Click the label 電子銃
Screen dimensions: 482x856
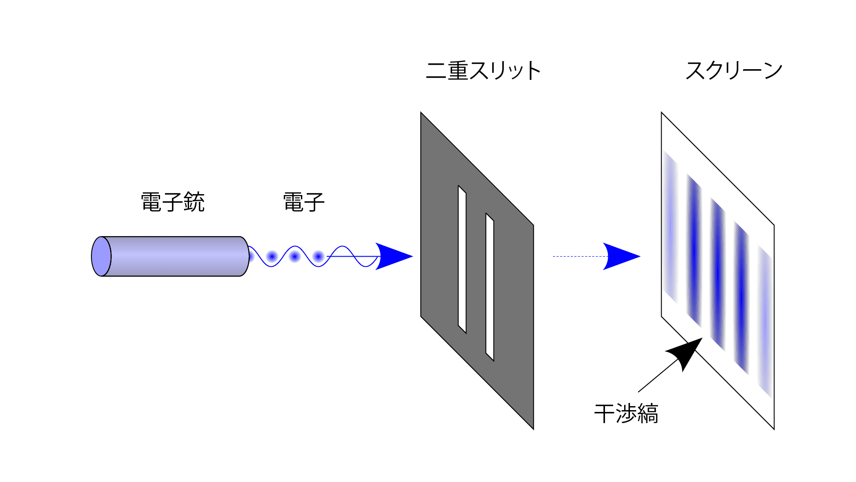[173, 202]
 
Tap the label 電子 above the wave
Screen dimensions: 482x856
[304, 202]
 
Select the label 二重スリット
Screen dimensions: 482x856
[483, 71]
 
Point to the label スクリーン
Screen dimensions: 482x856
[734, 71]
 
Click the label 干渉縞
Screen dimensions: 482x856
[626, 414]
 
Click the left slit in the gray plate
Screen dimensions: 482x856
[462, 259]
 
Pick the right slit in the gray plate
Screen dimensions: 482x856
[490, 287]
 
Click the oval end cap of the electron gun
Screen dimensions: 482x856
[101, 256]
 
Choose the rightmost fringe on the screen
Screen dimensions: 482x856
[765, 321]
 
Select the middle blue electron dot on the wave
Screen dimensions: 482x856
[295, 257]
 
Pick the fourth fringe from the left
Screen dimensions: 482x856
[741, 298]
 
